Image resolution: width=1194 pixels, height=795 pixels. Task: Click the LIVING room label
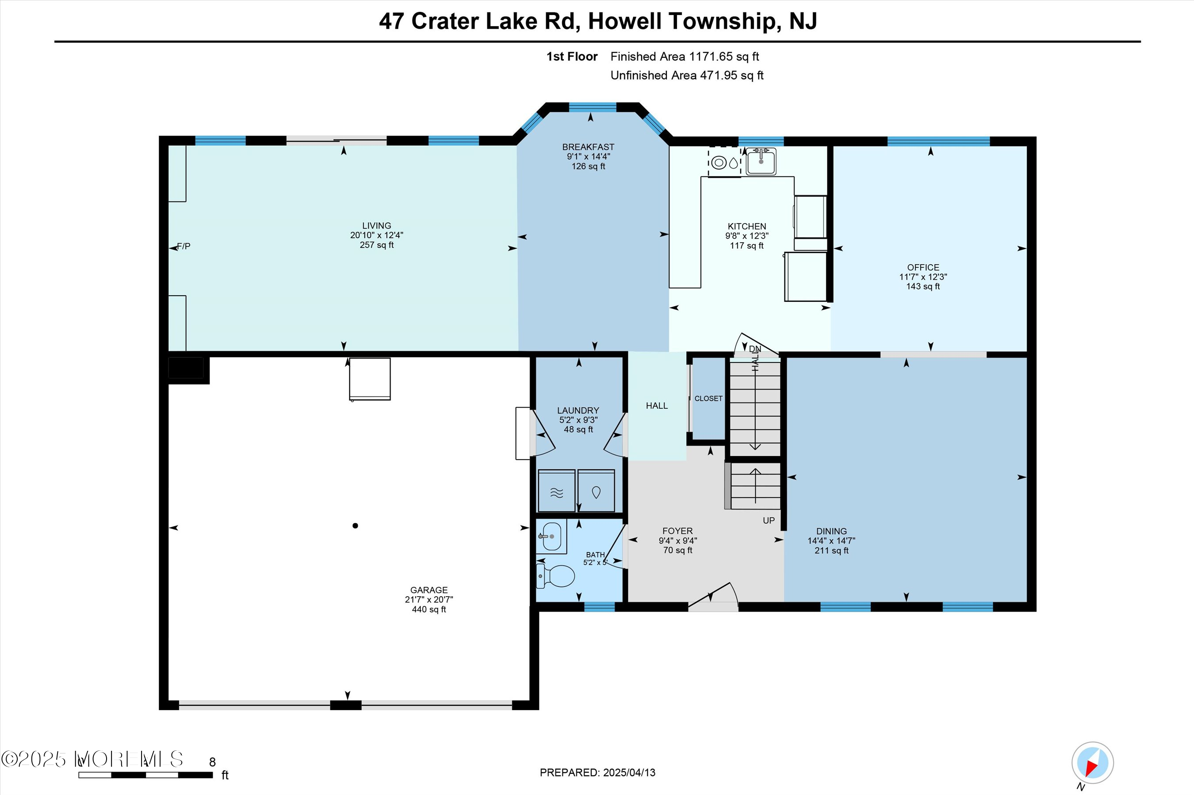point(376,226)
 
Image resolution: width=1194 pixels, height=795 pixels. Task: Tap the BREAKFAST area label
point(588,147)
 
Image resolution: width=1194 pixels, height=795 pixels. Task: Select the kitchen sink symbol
point(760,161)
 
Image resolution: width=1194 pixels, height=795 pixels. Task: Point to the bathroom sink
point(551,536)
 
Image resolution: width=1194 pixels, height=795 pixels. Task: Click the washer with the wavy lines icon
point(556,491)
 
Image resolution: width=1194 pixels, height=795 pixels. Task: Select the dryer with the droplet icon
point(596,491)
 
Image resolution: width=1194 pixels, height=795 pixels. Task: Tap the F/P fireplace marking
point(184,247)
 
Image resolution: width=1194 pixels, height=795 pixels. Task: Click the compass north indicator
point(1092,763)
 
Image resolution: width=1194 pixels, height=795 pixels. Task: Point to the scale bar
point(145,775)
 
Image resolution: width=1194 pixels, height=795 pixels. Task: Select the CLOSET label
point(708,399)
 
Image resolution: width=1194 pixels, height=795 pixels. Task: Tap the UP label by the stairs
point(769,520)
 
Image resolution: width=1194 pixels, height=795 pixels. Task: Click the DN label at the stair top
point(755,349)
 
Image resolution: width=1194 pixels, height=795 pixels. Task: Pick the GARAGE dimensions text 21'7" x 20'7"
point(429,599)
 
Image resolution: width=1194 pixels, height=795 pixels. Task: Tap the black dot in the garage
point(355,526)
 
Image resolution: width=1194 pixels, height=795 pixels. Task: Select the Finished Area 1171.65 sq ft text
point(684,57)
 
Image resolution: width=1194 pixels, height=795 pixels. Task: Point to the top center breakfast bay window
point(592,107)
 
